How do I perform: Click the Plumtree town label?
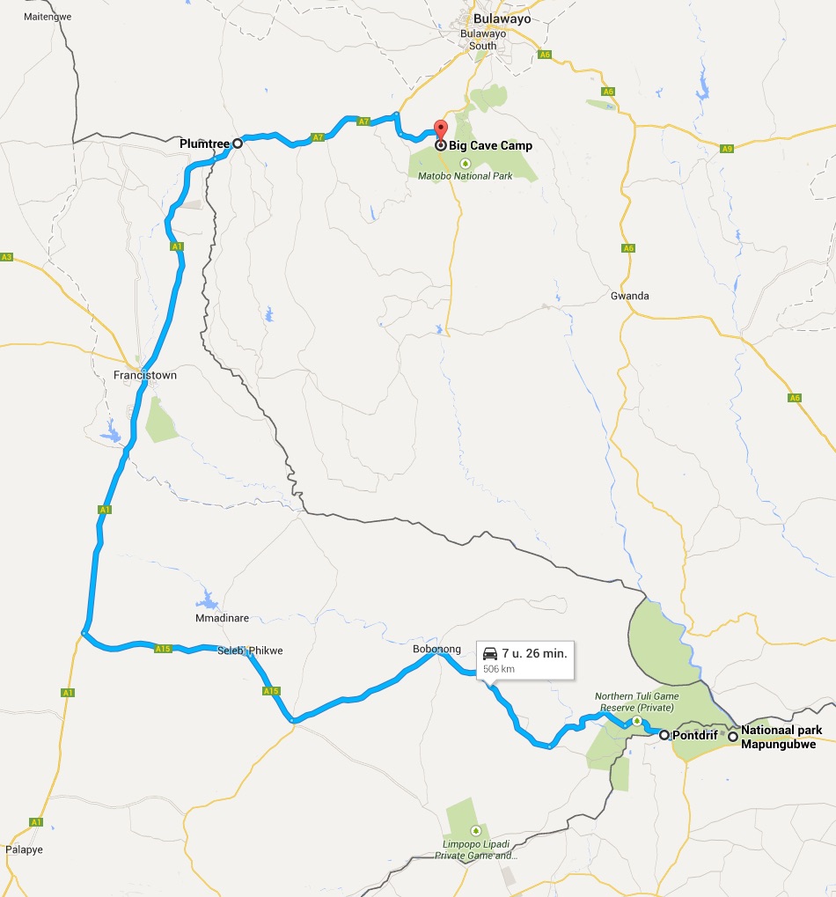(x=203, y=143)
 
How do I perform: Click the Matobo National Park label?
(x=466, y=176)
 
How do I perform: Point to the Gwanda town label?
(x=629, y=296)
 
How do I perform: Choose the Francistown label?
(x=145, y=375)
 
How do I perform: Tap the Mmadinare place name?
(x=223, y=618)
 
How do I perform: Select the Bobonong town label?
(x=437, y=649)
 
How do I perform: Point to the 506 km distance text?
(x=498, y=669)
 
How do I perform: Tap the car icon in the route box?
(x=490, y=654)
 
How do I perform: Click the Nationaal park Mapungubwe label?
(x=781, y=737)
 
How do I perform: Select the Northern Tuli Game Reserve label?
(x=637, y=701)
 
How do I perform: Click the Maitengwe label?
(x=48, y=17)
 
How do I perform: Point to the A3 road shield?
(x=7, y=257)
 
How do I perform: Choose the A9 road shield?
(x=726, y=148)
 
